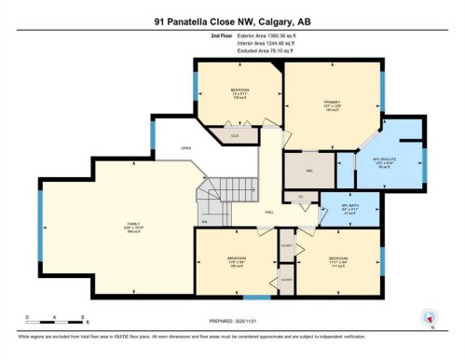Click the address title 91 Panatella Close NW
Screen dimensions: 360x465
point(233,21)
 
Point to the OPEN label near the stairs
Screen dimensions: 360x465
point(185,147)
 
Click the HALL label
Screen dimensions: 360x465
point(268,212)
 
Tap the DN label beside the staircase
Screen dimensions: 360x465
point(205,221)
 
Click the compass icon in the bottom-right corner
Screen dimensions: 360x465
point(430,317)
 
